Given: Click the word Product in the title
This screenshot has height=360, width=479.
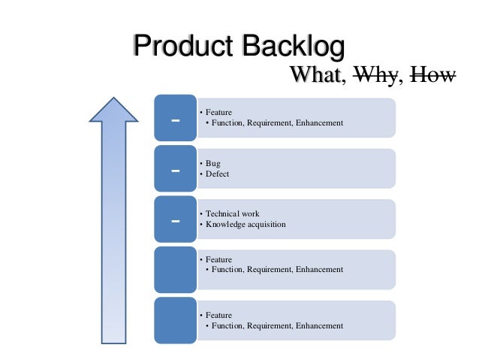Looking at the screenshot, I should tap(182, 47).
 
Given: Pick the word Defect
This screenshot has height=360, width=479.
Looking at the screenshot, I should tap(217, 174).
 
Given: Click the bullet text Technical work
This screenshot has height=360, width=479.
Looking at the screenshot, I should tap(232, 213).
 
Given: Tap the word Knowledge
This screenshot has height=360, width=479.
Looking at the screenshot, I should tap(225, 225).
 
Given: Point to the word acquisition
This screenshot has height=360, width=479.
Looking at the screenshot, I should tap(267, 225).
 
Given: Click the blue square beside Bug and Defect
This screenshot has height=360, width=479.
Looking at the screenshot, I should tap(176, 169).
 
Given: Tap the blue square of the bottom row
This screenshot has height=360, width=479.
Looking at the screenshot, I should tap(176, 321).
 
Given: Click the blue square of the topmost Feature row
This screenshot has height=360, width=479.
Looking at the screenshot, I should tap(176, 118).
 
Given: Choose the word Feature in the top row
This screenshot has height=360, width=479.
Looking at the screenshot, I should tap(218, 112).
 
